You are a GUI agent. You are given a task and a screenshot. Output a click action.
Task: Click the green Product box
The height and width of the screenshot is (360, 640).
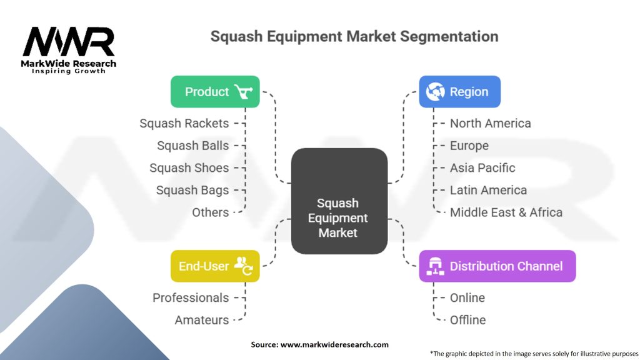click(215, 92)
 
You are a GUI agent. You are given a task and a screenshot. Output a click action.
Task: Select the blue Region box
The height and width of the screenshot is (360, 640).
click(459, 92)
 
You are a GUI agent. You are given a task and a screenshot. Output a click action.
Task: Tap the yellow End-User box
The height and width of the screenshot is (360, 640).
click(215, 266)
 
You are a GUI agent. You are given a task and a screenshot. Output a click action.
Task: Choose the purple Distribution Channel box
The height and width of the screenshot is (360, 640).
click(497, 266)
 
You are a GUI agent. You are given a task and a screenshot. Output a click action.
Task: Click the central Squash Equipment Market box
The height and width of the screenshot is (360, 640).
click(339, 201)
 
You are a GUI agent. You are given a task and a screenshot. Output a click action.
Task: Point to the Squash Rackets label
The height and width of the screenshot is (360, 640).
click(184, 123)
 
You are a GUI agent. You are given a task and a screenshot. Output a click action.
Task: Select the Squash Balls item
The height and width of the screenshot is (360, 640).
click(193, 146)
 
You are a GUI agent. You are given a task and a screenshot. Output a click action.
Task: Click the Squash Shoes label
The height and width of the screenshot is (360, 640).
click(189, 167)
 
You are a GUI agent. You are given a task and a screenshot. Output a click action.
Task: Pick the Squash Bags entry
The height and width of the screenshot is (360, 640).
click(192, 190)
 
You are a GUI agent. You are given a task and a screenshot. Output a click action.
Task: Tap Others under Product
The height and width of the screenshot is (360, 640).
click(210, 212)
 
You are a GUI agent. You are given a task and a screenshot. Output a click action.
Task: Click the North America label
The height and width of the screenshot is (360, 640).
click(490, 123)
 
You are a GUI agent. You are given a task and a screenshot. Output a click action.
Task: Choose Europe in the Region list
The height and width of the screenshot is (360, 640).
click(469, 146)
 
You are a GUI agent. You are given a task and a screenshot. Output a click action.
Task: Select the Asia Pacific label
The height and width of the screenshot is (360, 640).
click(482, 167)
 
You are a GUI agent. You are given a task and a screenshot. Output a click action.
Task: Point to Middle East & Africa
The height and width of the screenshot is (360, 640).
click(506, 212)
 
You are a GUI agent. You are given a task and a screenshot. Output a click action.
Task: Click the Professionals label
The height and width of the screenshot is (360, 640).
click(191, 298)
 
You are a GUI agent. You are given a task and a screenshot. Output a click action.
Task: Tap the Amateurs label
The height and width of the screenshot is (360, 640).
click(202, 320)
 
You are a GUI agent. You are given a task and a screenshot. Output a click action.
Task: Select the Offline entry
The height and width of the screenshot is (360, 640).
click(467, 320)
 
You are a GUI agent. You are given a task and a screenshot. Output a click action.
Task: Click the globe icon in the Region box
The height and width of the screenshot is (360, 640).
click(435, 91)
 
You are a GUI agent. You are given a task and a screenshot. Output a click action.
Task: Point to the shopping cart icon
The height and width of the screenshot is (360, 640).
click(244, 91)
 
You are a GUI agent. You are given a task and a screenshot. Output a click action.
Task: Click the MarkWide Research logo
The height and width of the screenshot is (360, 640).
click(69, 50)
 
